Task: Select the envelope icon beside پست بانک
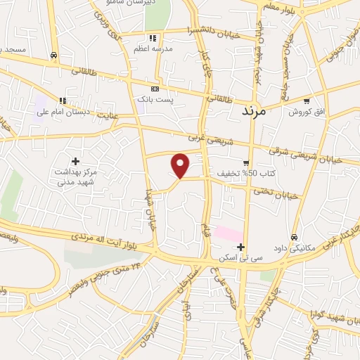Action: pos(155,89)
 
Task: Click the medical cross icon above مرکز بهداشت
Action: pos(76,161)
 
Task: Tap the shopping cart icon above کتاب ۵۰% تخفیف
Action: pos(245,162)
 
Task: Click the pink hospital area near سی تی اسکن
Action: pos(229,233)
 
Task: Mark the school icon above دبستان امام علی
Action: pos(61,100)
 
